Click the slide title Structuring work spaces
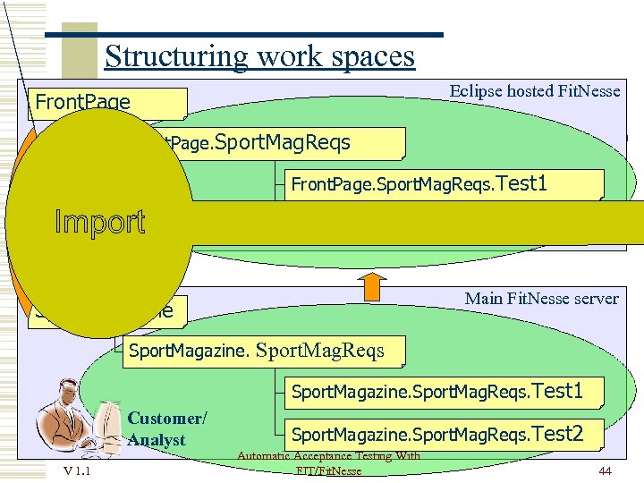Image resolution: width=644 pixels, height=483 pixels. (259, 56)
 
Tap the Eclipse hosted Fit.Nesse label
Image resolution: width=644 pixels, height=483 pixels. (534, 91)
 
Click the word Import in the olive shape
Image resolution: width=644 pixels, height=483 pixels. (99, 222)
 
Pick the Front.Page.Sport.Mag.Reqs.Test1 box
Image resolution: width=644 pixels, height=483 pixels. (444, 184)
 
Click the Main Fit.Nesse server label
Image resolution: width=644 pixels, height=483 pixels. (541, 299)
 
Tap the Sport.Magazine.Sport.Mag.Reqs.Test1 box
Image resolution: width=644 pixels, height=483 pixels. (444, 391)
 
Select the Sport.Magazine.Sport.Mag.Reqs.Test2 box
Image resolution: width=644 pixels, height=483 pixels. (444, 435)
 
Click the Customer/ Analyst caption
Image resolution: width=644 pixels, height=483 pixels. (166, 428)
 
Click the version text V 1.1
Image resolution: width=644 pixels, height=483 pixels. (75, 470)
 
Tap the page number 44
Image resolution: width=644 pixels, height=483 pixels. (605, 470)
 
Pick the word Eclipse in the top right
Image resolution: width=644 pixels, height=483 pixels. (475, 91)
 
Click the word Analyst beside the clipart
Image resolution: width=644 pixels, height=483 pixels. (157, 439)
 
